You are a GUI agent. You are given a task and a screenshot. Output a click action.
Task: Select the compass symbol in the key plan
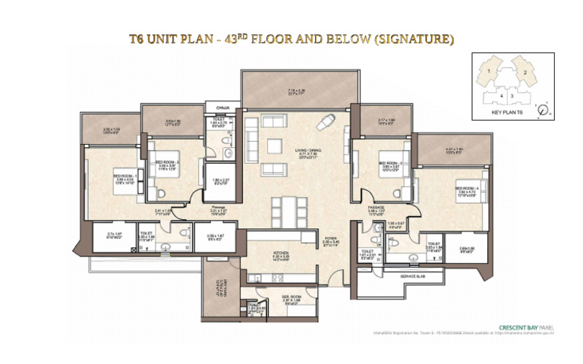[x=540, y=111]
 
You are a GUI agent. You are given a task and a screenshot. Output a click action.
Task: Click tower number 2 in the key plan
[x=525, y=72]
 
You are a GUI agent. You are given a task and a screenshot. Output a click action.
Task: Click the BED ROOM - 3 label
[x=389, y=163]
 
